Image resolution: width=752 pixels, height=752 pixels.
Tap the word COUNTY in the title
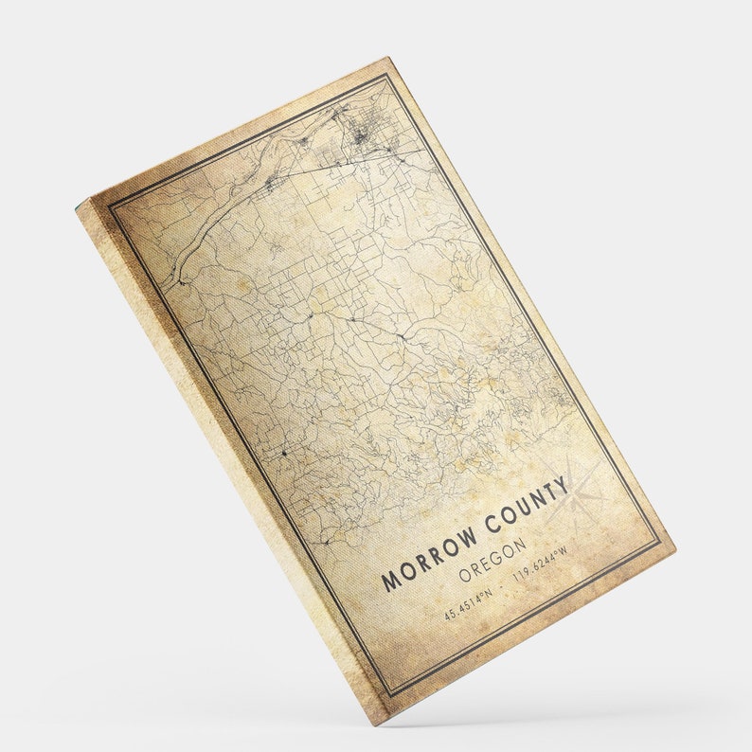(x=525, y=508)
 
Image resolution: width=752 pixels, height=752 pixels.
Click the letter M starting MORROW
(x=388, y=581)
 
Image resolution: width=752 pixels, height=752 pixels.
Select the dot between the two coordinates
(x=503, y=584)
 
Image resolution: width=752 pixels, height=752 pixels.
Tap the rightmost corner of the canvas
(x=675, y=547)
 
